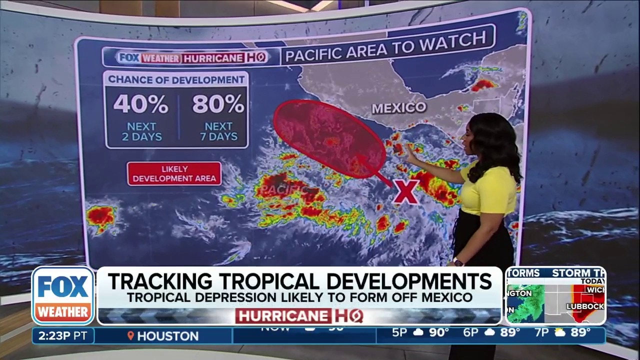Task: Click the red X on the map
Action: [x=405, y=191]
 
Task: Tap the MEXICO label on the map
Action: [x=399, y=107]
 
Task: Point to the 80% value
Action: [x=218, y=104]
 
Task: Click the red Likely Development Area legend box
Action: [x=174, y=173]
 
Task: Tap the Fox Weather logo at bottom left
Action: [x=63, y=295]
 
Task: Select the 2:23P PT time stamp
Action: [x=62, y=335]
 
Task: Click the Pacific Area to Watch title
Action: [x=385, y=47]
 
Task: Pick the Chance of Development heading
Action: [x=176, y=79]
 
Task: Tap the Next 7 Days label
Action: [x=218, y=131]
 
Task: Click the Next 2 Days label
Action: [x=141, y=131]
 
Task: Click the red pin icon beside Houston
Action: [x=131, y=336]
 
